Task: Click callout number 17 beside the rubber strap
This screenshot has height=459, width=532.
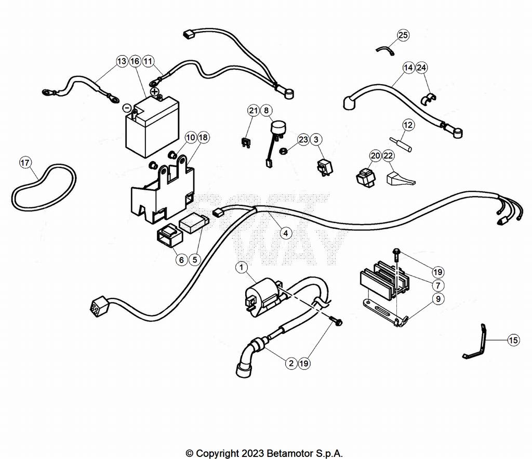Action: pos(25,163)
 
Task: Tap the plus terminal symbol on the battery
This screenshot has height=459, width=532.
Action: pos(154,91)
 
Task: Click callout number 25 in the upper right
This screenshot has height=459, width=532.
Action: pos(403,35)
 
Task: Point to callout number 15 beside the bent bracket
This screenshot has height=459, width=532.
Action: pos(513,340)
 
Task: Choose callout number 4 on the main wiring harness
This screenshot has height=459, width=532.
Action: pos(285,233)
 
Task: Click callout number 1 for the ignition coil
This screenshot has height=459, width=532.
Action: pos(241,268)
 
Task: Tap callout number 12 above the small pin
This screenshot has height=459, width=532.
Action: pos(408,125)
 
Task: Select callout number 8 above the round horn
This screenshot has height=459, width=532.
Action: pos(266,110)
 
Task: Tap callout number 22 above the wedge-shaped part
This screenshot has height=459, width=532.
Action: pos(389,155)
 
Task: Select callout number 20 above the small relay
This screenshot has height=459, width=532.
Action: pos(375,155)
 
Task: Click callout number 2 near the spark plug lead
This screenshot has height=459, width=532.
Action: pos(291,363)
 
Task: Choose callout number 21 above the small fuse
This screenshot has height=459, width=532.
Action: pos(253,110)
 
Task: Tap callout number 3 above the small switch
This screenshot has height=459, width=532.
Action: pos(316,139)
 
